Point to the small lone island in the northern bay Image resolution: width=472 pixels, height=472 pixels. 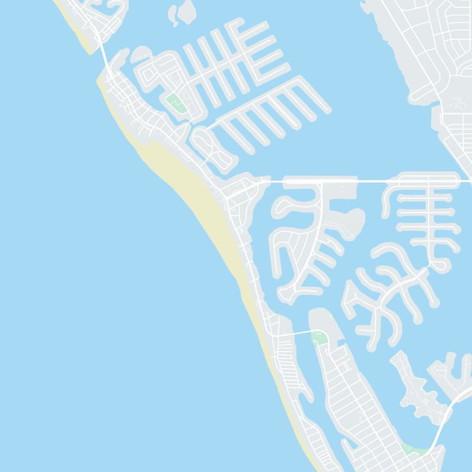click(185, 12)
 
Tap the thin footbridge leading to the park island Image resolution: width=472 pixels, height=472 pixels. click(298, 333)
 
